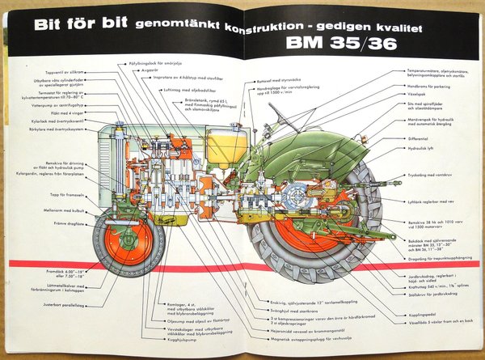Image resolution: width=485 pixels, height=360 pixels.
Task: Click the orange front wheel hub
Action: point(128,242)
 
